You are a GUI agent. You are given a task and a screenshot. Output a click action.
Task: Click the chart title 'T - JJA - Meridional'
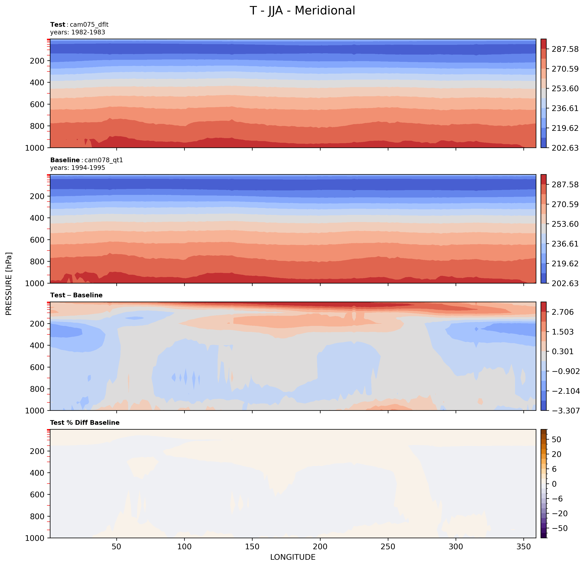pyautogui.click(x=302, y=11)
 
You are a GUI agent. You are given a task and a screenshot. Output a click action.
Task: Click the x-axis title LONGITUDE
pyautogui.click(x=293, y=557)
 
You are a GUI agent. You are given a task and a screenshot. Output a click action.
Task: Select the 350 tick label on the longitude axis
pyautogui.click(x=523, y=547)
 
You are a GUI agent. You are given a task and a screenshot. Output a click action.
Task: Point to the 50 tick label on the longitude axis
pyautogui.click(x=116, y=547)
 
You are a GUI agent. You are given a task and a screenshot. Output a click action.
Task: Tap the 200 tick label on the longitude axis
pyautogui.click(x=320, y=547)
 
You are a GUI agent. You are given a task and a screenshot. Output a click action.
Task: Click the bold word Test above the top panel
pyautogui.click(x=58, y=24)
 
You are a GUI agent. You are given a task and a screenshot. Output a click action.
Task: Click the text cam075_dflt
pyautogui.click(x=89, y=24)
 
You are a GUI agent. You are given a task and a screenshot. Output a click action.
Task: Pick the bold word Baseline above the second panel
pyautogui.click(x=65, y=160)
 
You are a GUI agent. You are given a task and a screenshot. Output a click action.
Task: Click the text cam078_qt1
pyautogui.click(x=104, y=160)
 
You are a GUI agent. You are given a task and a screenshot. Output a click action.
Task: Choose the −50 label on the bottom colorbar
pyautogui.click(x=558, y=528)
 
